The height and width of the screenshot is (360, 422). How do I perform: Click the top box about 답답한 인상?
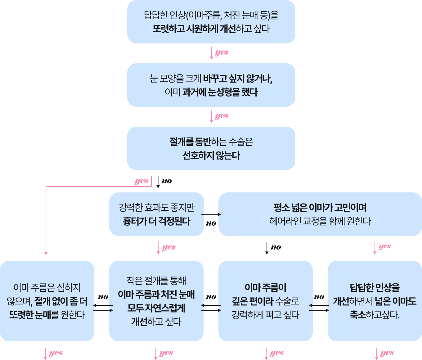tap(211, 22)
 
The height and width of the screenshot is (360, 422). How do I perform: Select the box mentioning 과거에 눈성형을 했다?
tap(211, 85)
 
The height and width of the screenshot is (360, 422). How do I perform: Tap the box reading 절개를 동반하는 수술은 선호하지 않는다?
tap(211, 148)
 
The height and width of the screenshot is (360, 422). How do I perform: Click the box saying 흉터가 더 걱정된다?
tap(156, 214)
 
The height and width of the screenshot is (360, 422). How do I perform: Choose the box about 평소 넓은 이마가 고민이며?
tap(320, 214)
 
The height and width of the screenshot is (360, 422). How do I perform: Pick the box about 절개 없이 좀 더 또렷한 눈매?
tap(47, 301)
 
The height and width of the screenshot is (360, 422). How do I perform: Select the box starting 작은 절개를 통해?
tap(156, 301)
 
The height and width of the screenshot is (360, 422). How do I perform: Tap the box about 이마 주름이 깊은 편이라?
tap(266, 301)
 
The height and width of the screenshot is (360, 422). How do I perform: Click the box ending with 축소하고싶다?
tap(375, 301)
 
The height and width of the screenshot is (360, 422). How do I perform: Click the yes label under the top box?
tap(222, 52)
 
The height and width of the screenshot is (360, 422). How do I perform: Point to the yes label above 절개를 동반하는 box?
tap(222, 116)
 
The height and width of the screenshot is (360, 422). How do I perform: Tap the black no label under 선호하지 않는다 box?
tap(167, 181)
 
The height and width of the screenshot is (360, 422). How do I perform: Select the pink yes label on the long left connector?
tap(141, 181)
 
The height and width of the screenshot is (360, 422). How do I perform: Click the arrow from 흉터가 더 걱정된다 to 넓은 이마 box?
tap(211, 214)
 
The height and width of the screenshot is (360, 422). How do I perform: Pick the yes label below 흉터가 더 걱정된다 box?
tap(169, 247)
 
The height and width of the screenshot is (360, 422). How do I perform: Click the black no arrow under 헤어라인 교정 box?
tap(267, 248)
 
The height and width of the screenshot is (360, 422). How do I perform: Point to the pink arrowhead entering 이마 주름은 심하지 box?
tap(46, 253)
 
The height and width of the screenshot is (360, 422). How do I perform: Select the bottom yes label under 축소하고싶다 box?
tap(387, 353)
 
